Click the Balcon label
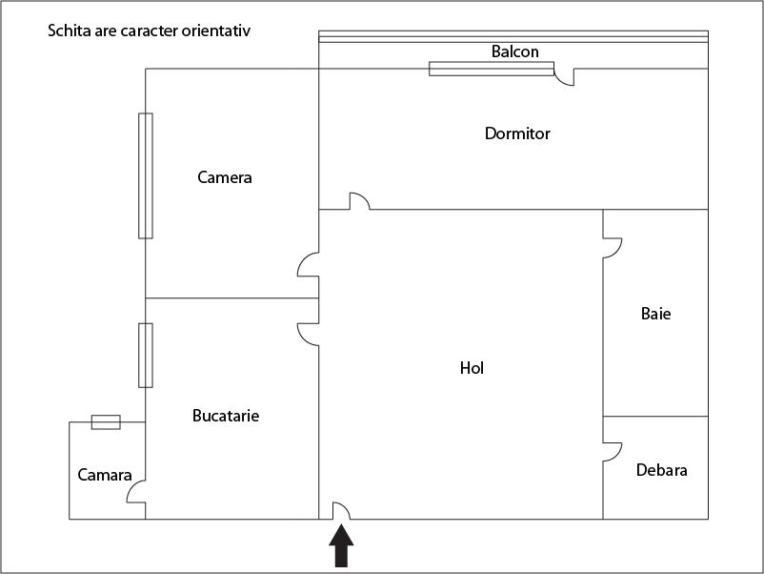514,51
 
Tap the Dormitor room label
517,133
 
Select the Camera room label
225,177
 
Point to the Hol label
472,367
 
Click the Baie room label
655,313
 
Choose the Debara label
661,470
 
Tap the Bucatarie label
226,416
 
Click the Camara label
105,475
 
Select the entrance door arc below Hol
340,511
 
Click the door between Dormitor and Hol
359,201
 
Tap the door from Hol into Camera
309,264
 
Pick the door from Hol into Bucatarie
309,333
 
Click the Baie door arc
612,247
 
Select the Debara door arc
612,452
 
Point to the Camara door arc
136,492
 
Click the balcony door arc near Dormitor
564,76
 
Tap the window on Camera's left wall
145,175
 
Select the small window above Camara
105,421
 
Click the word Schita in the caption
68,31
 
